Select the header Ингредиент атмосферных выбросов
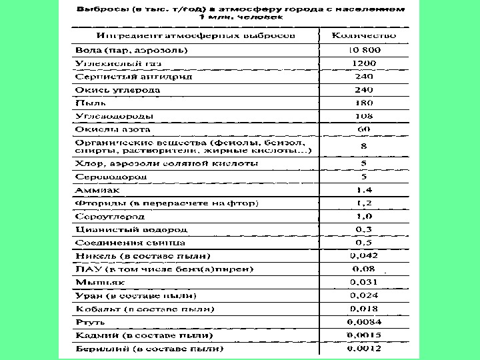(197, 35)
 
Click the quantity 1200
(363, 63)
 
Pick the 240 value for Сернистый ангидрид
(363, 76)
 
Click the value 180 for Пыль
(363, 103)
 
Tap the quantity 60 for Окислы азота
(363, 129)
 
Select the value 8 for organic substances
(363, 145)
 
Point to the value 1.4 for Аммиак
(363, 190)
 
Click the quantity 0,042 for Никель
(363, 255)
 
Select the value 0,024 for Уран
(363, 295)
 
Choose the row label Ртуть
(87, 321)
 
